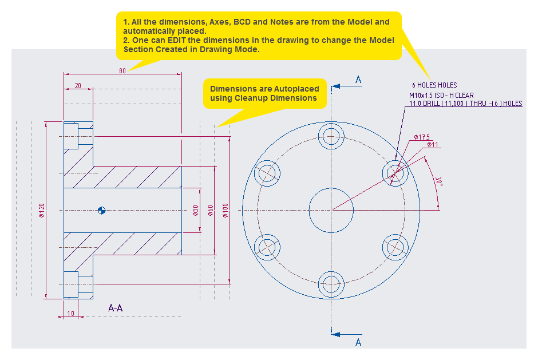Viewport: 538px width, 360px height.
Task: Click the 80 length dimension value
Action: pos(122,71)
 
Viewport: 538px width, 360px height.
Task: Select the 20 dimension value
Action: pos(78,86)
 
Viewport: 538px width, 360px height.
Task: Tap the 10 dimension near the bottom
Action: pos(70,313)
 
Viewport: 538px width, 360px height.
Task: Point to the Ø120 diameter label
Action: pos(42,211)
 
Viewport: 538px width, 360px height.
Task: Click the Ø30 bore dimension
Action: pos(195,211)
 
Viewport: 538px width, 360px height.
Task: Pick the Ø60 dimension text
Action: pos(211,211)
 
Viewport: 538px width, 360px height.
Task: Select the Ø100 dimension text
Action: pos(226,211)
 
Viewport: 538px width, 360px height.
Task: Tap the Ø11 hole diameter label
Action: pos(433,145)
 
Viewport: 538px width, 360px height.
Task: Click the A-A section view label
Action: pos(115,308)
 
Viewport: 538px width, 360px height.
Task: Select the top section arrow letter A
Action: pos(358,80)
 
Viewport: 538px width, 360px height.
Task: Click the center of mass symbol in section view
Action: pos(102,210)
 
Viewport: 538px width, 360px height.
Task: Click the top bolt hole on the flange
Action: pos(331,137)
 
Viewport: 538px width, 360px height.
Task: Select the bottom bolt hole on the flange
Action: pos(331,283)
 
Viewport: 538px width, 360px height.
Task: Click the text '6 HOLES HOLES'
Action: pos(434,85)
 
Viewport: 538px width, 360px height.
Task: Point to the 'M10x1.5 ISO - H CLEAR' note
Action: pos(441,96)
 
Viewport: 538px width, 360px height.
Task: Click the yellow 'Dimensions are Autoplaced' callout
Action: pos(264,93)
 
